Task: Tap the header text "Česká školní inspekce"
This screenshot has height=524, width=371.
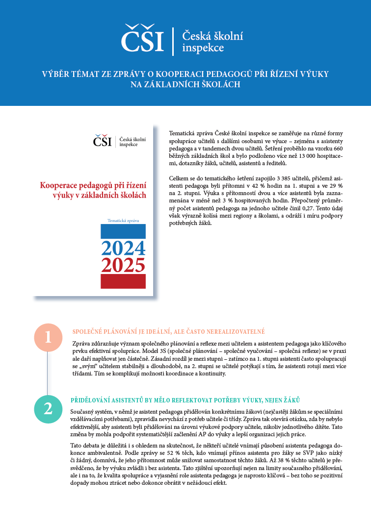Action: [212, 42]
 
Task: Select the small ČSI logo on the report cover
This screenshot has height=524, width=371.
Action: [103, 141]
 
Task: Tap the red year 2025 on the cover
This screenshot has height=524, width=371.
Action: [123, 265]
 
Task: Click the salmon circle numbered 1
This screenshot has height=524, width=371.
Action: [48, 337]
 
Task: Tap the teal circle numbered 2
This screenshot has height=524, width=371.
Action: [48, 409]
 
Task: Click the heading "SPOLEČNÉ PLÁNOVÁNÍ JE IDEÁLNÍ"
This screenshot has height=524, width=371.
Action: [168, 331]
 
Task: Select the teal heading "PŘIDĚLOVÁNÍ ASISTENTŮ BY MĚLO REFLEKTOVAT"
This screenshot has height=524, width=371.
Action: [185, 400]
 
